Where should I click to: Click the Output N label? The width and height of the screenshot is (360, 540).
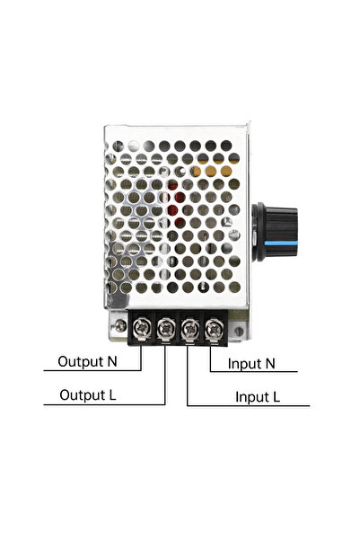click(87, 361)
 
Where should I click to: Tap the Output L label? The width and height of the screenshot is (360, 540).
click(88, 395)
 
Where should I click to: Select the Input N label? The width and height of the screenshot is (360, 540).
click(251, 364)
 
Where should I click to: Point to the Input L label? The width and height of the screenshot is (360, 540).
click(258, 397)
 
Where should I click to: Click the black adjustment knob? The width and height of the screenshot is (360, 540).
click(275, 232)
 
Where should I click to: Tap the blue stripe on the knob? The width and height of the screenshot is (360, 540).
click(276, 245)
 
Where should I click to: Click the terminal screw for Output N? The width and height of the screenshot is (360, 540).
click(142, 328)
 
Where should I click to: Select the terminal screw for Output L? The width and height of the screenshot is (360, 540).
click(166, 328)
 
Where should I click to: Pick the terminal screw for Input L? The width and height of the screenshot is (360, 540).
click(190, 328)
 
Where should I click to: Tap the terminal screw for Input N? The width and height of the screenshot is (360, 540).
click(214, 329)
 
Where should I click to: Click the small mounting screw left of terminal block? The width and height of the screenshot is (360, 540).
click(120, 325)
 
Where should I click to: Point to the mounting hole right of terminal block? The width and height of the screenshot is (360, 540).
click(238, 332)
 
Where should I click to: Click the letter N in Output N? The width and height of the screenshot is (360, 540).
click(112, 361)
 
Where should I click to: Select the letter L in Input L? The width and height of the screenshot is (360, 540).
click(276, 397)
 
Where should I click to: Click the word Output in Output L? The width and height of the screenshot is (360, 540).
click(83, 395)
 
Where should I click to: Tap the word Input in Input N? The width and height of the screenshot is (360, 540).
click(244, 365)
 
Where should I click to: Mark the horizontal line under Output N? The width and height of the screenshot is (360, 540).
click(92, 370)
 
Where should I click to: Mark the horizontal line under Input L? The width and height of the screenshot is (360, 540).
click(249, 406)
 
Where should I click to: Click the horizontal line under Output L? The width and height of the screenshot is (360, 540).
click(104, 404)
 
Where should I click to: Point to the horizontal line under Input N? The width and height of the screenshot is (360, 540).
click(254, 372)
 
